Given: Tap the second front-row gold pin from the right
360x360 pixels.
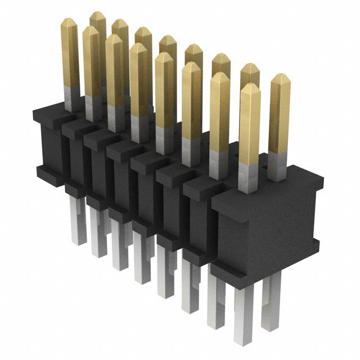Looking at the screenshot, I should (220, 112).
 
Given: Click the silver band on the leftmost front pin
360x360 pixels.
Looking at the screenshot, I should (71, 99).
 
